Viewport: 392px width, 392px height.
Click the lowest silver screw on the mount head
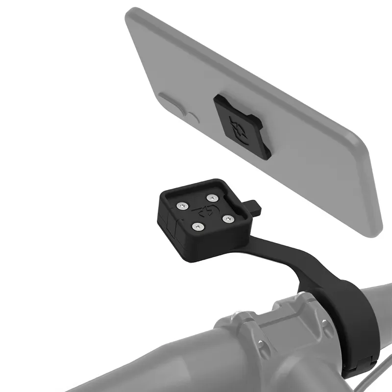197,226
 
